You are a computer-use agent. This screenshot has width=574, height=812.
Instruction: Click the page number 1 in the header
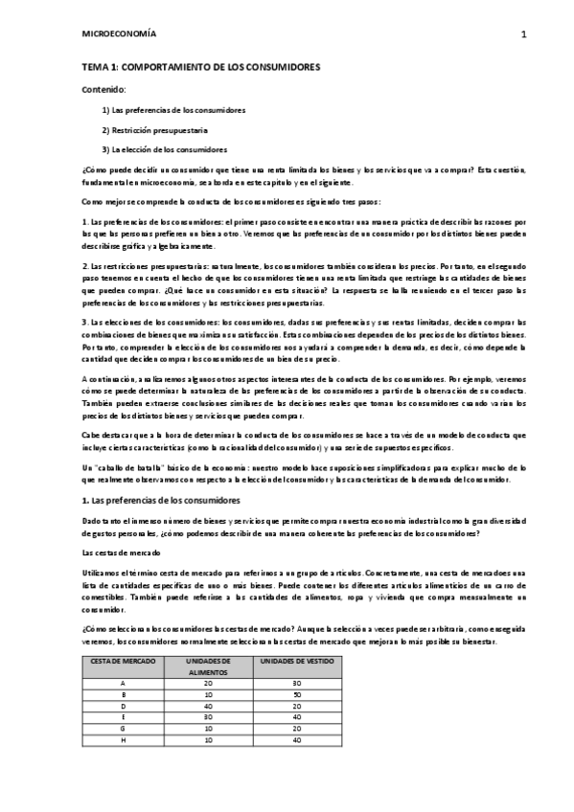pyautogui.click(x=524, y=34)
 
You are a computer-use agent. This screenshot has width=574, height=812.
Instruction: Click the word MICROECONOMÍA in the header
pyautogui.click(x=120, y=34)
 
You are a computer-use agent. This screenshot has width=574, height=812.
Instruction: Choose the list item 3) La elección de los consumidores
pyautogui.click(x=165, y=148)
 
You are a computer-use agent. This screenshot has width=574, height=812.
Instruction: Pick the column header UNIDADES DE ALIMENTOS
pyautogui.click(x=205, y=667)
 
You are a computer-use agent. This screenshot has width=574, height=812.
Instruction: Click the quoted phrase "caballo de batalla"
pyautogui.click(x=132, y=464)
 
